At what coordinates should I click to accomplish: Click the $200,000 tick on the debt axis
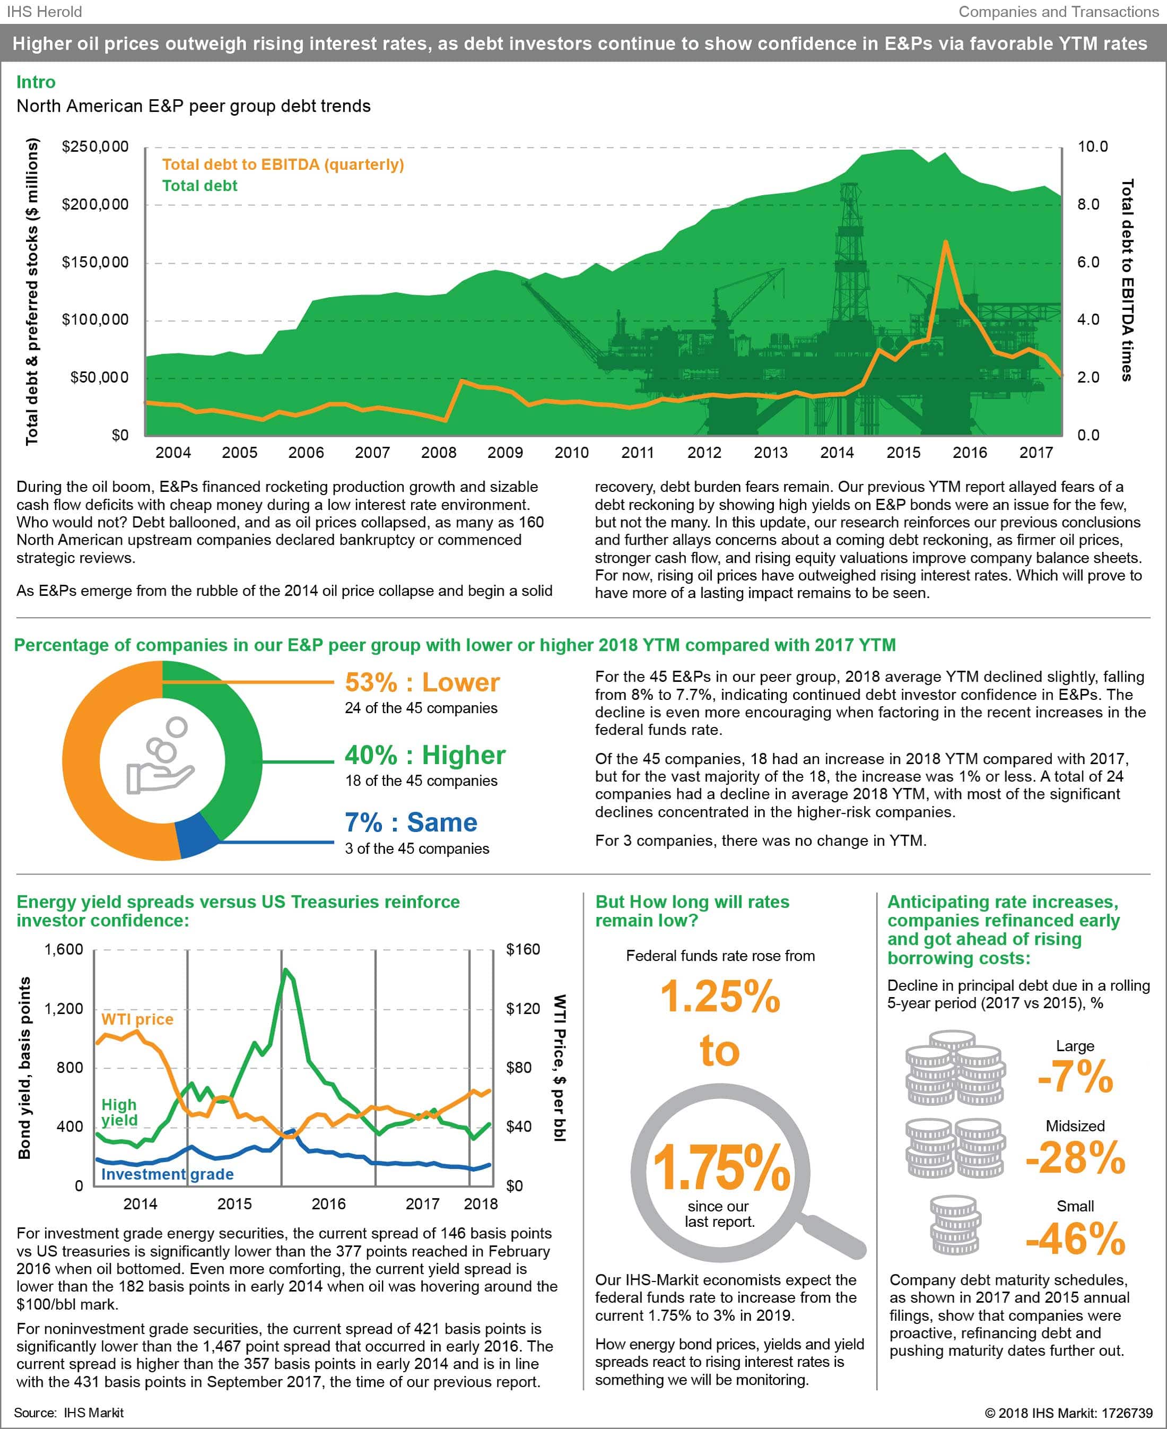(95, 204)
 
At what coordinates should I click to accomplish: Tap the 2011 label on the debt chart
(637, 453)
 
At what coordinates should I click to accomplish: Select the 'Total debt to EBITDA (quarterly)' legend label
(283, 164)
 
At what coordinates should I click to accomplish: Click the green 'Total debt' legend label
(199, 186)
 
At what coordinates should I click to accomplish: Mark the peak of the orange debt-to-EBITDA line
(945, 241)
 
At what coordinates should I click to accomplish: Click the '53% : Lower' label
(422, 682)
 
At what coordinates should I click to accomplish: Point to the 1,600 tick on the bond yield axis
(64, 949)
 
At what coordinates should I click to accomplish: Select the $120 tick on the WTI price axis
(523, 1009)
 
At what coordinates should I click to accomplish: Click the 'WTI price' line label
(137, 1019)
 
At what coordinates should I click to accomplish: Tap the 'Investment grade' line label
(168, 1174)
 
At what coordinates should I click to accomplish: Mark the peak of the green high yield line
(286, 969)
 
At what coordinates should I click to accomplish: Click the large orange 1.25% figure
(720, 997)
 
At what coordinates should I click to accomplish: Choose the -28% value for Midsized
(1075, 1157)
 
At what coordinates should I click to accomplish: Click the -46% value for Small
(1075, 1238)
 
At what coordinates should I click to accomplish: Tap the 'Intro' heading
(36, 82)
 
